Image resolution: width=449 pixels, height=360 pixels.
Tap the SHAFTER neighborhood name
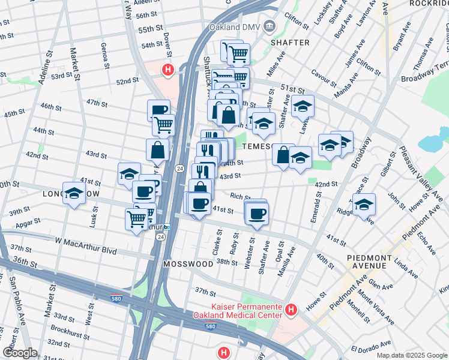(x=290, y=43)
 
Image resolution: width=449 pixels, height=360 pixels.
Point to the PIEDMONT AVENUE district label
(x=370, y=262)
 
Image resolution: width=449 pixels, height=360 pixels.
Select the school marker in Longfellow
(x=74, y=193)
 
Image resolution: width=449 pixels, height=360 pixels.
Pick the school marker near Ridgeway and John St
(x=364, y=205)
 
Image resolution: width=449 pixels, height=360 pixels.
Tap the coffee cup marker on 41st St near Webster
(x=257, y=214)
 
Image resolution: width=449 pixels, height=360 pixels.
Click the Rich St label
(x=240, y=196)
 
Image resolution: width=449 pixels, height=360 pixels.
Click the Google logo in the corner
(x=20, y=352)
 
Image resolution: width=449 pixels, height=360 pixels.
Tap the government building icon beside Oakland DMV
(x=269, y=26)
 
